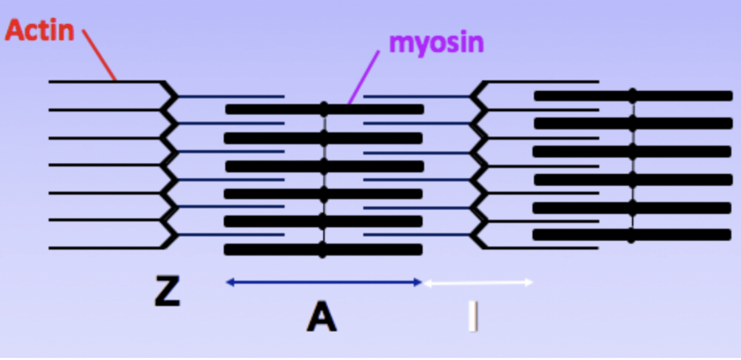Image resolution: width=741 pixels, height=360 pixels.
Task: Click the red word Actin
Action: [39, 31]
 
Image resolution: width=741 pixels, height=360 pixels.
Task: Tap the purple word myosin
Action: [436, 42]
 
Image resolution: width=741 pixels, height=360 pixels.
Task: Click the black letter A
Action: [322, 318]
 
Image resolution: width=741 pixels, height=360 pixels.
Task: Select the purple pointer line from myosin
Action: [364, 78]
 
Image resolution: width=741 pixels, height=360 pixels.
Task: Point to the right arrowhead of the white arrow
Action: [530, 282]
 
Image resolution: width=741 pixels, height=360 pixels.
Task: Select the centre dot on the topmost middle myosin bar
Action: [324, 109]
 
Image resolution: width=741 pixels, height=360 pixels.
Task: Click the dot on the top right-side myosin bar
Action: [632, 96]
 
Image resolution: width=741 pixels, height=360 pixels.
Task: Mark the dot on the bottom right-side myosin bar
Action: [631, 235]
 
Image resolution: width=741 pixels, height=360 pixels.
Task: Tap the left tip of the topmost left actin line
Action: [51, 82]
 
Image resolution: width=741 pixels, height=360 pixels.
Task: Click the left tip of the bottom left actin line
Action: [51, 248]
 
